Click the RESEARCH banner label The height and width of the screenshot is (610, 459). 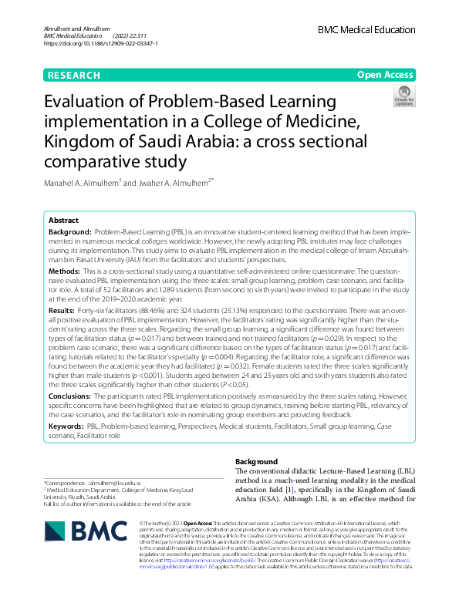(74, 75)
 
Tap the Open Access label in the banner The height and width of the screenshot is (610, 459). (385, 75)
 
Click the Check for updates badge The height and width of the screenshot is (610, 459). (404, 96)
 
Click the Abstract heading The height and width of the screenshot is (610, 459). (64, 220)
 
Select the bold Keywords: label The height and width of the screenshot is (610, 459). (66, 426)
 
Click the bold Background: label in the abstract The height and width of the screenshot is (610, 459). (71, 232)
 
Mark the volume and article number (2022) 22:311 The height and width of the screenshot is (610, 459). (133, 36)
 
